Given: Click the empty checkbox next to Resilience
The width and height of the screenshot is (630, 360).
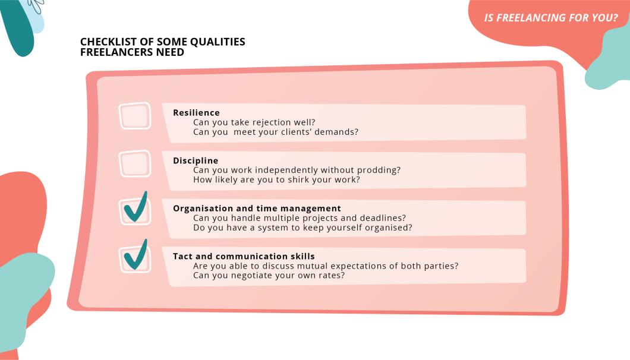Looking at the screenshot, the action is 135,116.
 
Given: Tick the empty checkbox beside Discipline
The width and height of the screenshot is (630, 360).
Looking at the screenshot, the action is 135,163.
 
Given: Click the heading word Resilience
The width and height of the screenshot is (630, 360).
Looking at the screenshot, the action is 197,113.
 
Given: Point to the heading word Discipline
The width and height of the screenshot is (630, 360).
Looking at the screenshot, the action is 196,161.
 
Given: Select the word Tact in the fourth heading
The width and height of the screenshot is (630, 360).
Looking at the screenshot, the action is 183,257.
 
